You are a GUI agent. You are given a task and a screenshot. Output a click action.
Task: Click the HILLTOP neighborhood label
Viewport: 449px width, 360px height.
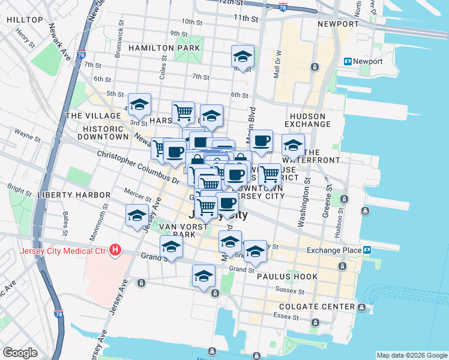click(25, 20)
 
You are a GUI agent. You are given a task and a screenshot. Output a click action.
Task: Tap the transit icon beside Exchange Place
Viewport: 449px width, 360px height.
click(366, 250)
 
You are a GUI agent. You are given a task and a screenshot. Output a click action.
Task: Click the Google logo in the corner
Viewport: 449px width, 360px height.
click(20, 353)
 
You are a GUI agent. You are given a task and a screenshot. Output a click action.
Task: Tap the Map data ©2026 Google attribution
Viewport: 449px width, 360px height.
click(411, 355)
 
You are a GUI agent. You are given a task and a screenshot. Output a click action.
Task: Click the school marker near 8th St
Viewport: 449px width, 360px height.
click(242, 57)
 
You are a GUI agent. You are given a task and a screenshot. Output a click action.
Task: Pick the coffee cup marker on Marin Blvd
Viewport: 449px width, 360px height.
click(261, 142)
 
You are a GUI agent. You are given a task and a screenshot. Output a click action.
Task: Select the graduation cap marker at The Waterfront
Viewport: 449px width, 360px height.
click(293, 146)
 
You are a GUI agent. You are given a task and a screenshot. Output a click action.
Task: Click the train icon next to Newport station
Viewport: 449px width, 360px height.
click(347, 61)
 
